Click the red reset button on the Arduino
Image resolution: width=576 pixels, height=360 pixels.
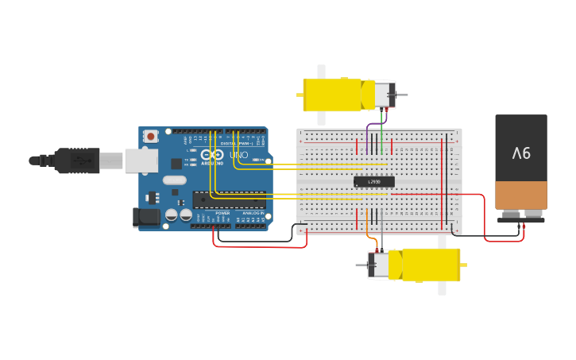(x=150, y=137)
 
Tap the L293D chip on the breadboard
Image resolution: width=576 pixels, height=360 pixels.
(x=373, y=182)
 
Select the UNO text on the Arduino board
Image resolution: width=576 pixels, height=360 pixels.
(x=238, y=155)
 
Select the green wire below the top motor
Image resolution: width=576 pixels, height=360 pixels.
(x=382, y=131)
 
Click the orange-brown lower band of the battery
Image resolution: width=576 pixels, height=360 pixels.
(x=521, y=195)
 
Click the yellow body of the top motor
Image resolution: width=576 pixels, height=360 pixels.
(x=334, y=95)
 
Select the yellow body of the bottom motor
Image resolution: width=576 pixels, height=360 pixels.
(x=429, y=265)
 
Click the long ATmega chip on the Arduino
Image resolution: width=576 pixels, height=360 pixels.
(x=229, y=199)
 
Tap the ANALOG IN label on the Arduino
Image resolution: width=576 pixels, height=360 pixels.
(x=252, y=213)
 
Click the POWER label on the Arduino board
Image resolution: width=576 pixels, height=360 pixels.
(x=222, y=213)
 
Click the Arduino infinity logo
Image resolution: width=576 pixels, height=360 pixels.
(x=211, y=155)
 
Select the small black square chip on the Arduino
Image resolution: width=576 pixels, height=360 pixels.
(x=176, y=163)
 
